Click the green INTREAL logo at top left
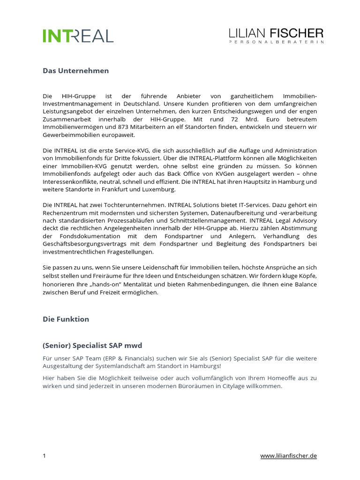pyautogui.click(x=78, y=36)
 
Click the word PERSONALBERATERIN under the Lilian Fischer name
pyautogui.click(x=276, y=42)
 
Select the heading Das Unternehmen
pyautogui.click(x=76, y=71)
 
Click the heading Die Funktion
pyautogui.click(x=66, y=319)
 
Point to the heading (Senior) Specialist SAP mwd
pyautogui.click(x=92, y=345)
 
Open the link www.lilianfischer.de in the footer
pyautogui.click(x=288, y=456)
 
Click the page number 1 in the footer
pyautogui.click(x=45, y=456)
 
